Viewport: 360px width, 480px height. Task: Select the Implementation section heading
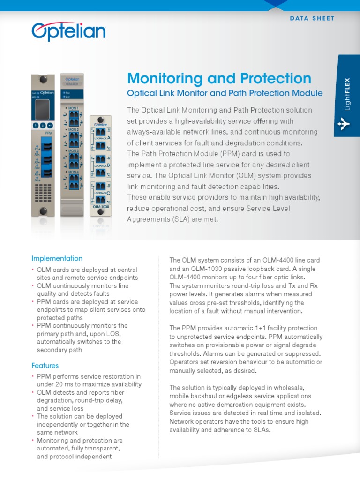(x=57, y=258)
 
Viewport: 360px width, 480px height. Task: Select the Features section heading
(x=45, y=365)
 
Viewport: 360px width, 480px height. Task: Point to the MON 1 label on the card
(x=74, y=108)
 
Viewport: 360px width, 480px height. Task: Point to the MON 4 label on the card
(x=74, y=172)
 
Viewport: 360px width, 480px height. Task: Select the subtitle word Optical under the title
(x=141, y=93)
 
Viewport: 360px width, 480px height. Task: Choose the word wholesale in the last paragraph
(x=287, y=388)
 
